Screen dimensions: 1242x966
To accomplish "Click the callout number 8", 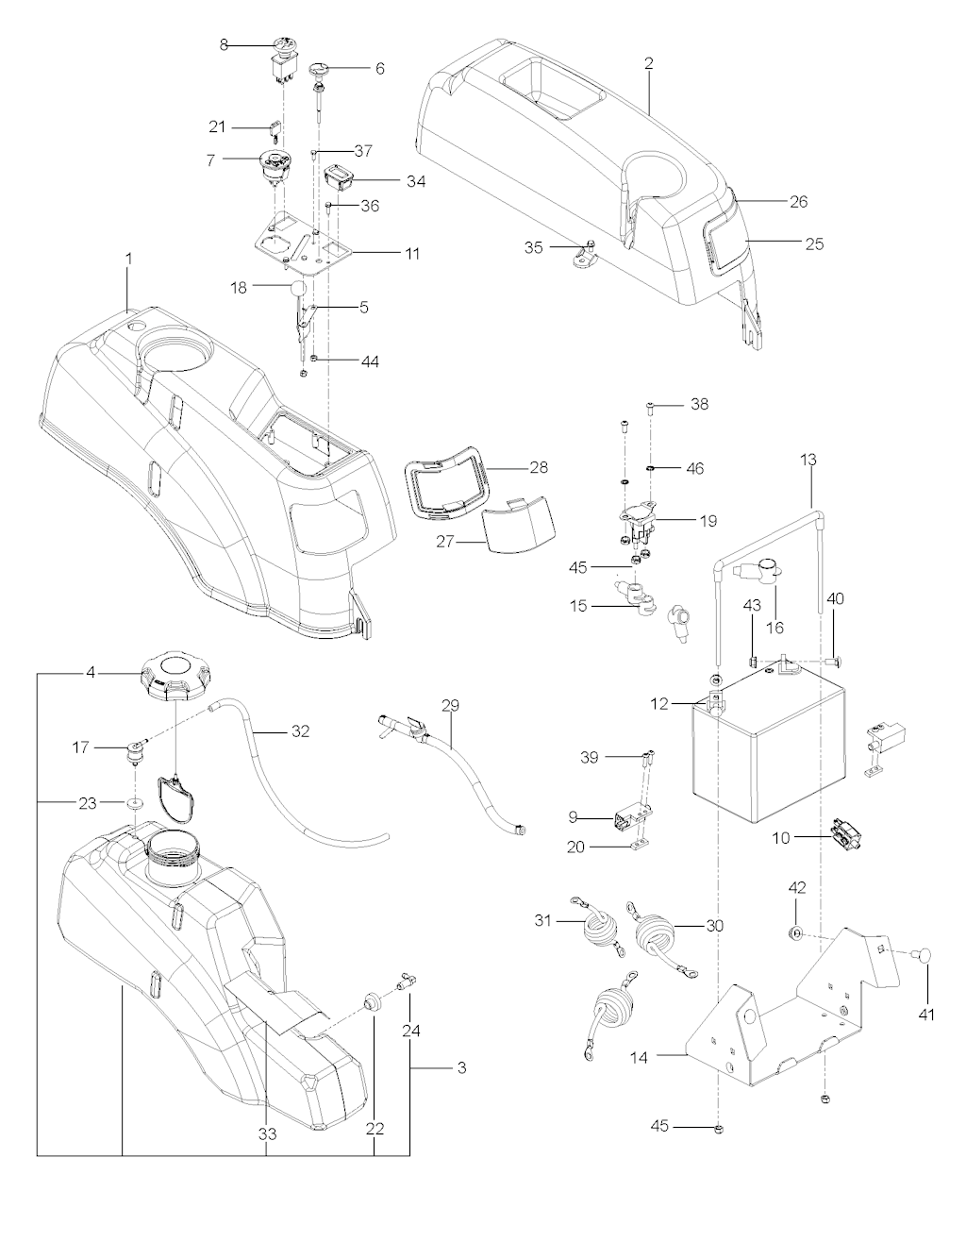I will (224, 44).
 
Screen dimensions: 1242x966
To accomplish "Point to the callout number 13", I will (809, 460).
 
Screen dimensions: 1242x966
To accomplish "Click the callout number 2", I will (649, 63).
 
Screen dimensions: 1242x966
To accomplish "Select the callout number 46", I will (694, 468).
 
